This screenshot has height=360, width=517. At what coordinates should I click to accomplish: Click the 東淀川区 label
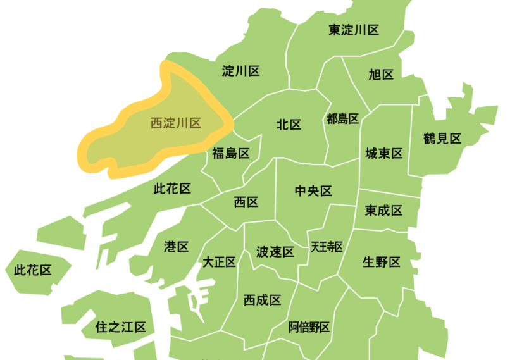coord(354,30)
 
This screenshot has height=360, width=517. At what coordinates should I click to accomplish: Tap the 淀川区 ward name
coord(241,71)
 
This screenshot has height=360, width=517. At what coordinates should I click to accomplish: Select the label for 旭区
coord(381,75)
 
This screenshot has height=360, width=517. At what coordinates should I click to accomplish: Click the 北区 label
coord(289,125)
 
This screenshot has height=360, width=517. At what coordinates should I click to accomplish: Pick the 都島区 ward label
coord(343,118)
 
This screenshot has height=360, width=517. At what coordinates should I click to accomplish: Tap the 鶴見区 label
coord(442,139)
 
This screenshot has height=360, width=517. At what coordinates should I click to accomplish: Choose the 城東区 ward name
coord(384,154)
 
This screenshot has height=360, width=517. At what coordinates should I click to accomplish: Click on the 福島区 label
coord(231,153)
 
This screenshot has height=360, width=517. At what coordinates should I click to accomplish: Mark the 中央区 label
coord(313,191)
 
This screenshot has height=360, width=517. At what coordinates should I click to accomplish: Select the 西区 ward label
coord(246,202)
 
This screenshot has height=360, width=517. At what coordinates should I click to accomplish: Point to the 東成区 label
coord(383,210)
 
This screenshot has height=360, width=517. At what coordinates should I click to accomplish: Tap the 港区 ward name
coord(176,247)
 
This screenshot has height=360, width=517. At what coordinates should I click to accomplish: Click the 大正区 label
coord(219,262)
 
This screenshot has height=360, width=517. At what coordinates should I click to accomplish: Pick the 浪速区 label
coord(275,252)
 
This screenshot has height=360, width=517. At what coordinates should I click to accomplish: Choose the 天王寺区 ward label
coord(327,247)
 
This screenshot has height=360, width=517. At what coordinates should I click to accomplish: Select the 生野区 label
coord(382,262)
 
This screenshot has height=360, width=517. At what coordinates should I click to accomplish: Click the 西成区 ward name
coord(262,300)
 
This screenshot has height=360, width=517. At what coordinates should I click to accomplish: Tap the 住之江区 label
coord(120,327)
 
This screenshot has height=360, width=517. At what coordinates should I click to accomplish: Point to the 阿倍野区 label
coord(309,327)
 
